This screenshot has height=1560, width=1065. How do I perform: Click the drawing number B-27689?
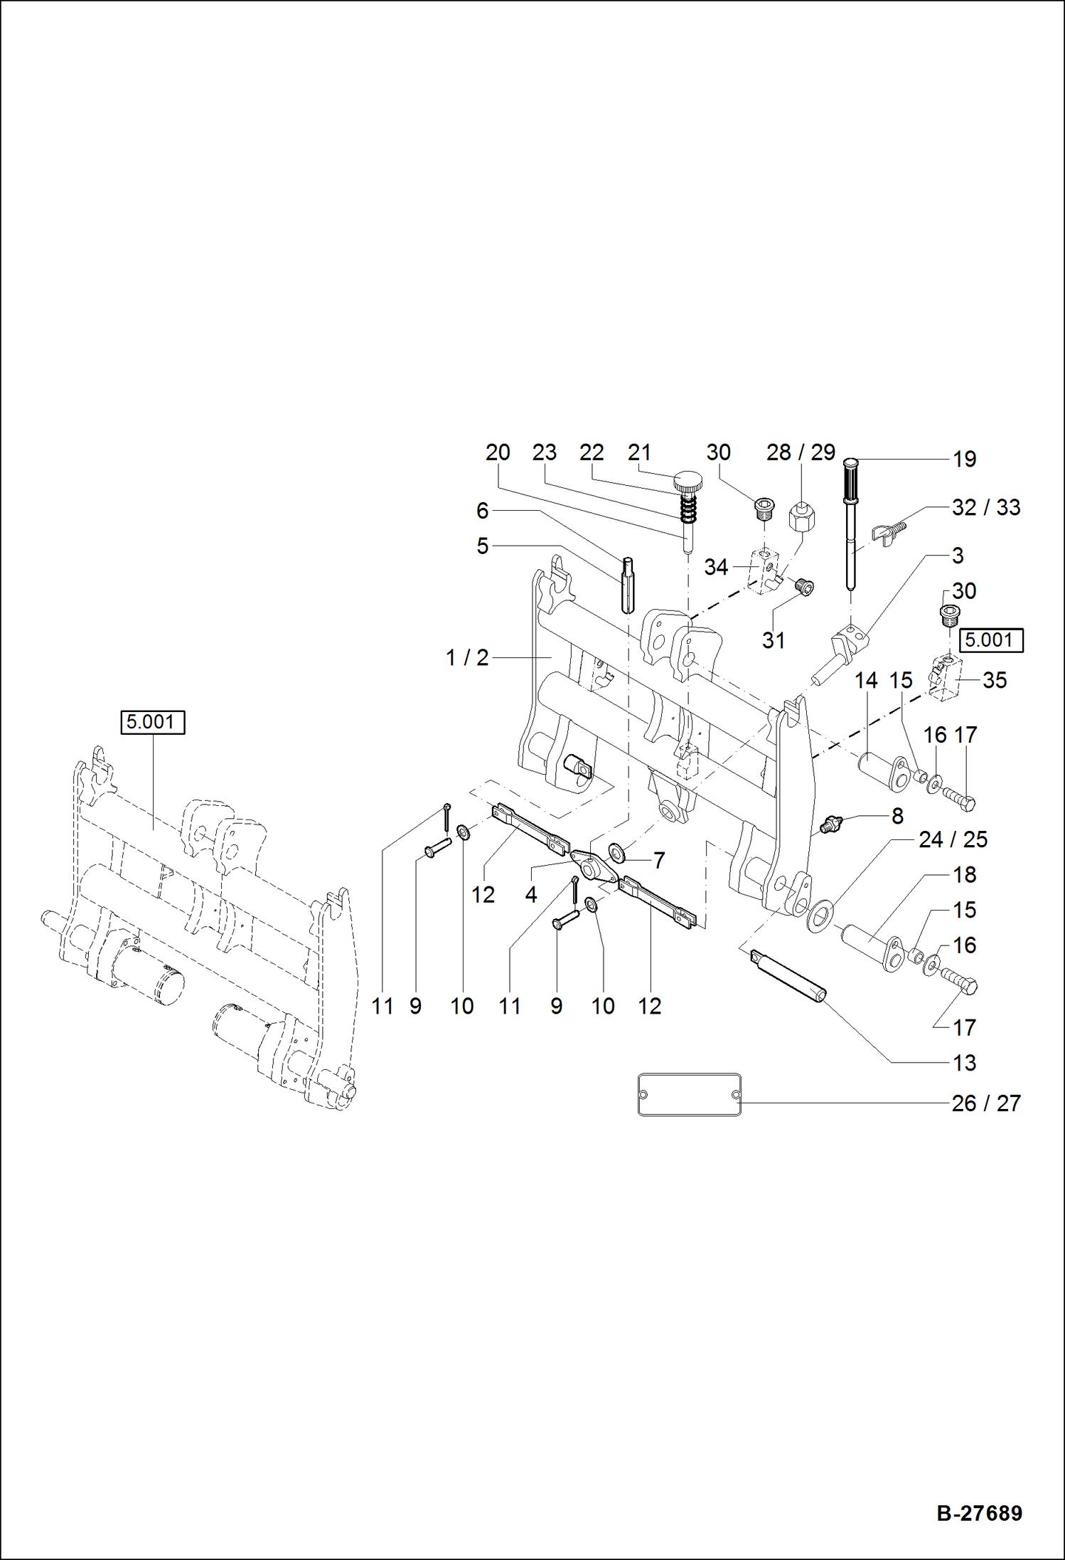click(979, 1512)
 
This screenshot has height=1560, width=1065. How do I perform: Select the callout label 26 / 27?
click(986, 1103)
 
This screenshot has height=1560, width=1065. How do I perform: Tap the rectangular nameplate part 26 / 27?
click(689, 1094)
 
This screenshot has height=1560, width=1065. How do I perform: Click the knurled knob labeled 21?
click(687, 482)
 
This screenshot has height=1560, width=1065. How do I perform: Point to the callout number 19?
click(964, 460)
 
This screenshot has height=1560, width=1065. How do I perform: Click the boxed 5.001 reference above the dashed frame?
click(152, 722)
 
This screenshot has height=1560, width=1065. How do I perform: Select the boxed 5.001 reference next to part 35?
click(990, 640)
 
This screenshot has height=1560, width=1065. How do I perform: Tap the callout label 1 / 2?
click(467, 658)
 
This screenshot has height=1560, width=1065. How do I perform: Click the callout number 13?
click(964, 1063)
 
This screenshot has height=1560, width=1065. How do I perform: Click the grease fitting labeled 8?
click(830, 824)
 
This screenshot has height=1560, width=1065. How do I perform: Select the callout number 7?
click(659, 861)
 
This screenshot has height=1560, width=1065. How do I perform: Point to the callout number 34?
click(716, 567)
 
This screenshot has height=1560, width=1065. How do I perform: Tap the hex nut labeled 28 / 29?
click(802, 517)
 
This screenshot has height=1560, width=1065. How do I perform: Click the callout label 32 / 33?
click(986, 507)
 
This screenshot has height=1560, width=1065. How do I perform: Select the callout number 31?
click(774, 640)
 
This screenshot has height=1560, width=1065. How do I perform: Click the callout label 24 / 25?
click(953, 839)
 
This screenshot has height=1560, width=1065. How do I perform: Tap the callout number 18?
click(964, 875)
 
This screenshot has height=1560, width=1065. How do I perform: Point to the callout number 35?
click(994, 680)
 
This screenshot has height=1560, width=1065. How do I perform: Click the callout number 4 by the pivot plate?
click(531, 894)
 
